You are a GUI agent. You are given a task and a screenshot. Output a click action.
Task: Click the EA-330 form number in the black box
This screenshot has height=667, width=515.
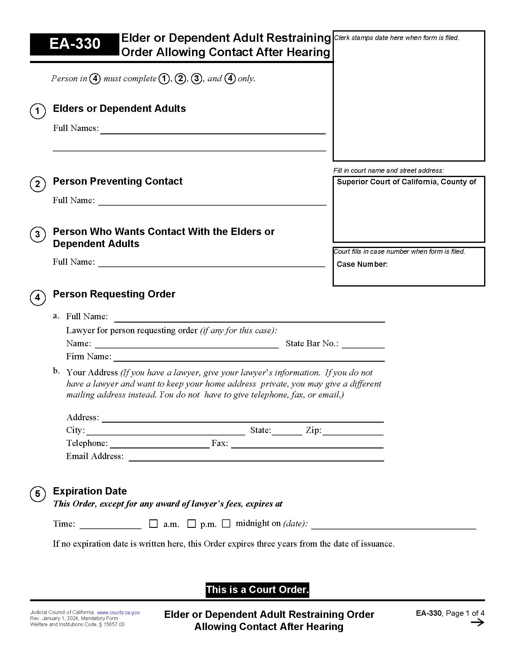[x=75, y=44]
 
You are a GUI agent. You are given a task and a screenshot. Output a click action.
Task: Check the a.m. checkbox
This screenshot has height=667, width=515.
[x=153, y=524]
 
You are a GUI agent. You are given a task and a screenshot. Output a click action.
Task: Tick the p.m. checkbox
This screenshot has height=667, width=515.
[x=191, y=524]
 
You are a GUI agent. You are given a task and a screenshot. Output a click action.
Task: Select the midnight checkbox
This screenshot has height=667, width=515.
[x=226, y=524]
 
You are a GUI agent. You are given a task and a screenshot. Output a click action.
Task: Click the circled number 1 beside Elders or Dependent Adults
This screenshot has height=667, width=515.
[x=38, y=111]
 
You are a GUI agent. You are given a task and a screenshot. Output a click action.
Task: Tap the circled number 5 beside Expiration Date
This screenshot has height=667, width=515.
[x=38, y=494]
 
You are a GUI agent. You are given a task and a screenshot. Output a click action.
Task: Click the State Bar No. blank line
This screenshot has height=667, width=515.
[x=363, y=344]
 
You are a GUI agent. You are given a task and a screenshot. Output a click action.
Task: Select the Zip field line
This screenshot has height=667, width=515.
[x=353, y=431]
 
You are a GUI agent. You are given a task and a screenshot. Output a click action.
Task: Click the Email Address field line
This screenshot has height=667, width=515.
[x=256, y=457]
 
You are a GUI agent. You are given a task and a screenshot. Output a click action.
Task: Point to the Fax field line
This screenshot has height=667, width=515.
[x=307, y=444]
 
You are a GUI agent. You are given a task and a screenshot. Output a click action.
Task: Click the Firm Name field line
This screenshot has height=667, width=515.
[x=249, y=357]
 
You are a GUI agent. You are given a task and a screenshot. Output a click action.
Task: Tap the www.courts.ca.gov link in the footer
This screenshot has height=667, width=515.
[x=118, y=612]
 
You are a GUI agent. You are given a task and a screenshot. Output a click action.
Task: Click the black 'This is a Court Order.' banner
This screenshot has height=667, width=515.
[x=257, y=589]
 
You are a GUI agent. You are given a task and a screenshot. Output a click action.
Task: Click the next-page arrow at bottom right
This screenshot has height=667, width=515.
[x=477, y=622]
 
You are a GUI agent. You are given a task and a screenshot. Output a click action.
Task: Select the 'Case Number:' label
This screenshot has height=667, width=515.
[x=362, y=264]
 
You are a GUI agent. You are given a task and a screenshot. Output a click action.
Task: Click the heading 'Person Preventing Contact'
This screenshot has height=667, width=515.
[x=118, y=181]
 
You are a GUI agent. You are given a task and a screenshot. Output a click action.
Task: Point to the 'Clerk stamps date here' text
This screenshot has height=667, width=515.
[x=396, y=38]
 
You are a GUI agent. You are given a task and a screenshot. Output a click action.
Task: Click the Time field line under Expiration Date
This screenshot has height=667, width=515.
[x=111, y=525]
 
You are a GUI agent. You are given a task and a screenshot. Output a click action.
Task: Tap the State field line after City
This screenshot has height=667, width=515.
[x=287, y=431]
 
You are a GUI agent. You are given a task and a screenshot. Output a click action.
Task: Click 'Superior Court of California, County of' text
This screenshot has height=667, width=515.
[x=406, y=182]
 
